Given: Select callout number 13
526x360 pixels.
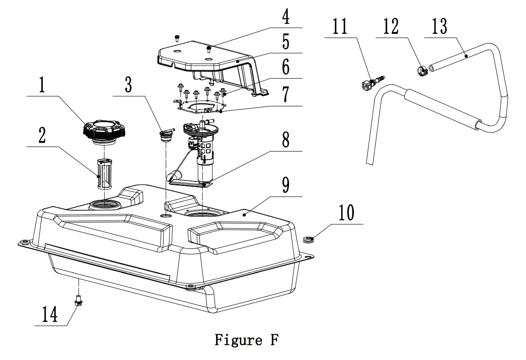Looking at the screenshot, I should pos(438,27).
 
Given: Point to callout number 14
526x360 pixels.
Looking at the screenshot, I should pos(50,314).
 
